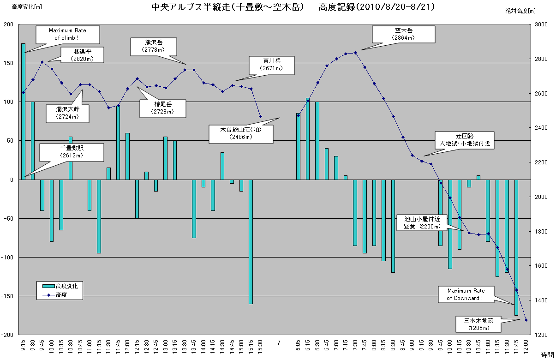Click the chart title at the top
(x=293, y=7)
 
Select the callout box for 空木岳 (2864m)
(x=404, y=34)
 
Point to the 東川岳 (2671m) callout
(x=272, y=65)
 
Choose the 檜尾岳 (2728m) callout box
(x=163, y=108)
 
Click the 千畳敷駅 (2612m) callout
(x=72, y=152)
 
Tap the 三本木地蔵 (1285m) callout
(x=478, y=324)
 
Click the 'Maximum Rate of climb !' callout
(x=67, y=34)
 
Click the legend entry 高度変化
(x=63, y=286)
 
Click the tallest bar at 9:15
(x=23, y=111)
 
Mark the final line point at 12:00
(x=526, y=320)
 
